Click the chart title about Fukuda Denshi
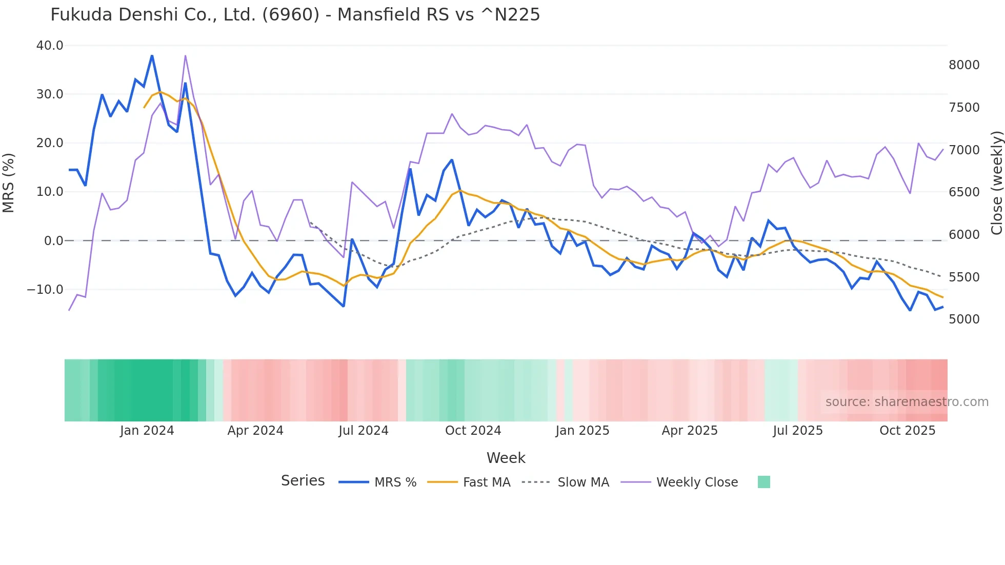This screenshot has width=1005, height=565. [x=295, y=15]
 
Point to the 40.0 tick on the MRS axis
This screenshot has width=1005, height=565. [x=50, y=46]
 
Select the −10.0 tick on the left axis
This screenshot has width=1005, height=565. [x=45, y=290]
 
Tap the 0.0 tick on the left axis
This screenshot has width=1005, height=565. [x=53, y=241]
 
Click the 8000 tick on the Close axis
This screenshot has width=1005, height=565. [x=964, y=65]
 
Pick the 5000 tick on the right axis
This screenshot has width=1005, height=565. [x=964, y=319]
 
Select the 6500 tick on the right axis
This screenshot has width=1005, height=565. [x=964, y=192]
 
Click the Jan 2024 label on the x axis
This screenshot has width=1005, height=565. [x=147, y=431]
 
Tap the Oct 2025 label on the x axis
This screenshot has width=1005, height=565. [x=907, y=431]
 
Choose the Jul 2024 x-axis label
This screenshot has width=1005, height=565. [x=363, y=431]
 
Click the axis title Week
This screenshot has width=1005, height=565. [x=506, y=458]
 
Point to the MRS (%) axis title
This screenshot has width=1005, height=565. [x=9, y=183]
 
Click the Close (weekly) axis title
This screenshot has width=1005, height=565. [x=996, y=183]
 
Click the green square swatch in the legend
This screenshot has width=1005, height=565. [x=763, y=482]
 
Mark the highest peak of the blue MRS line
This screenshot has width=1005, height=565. [x=152, y=55]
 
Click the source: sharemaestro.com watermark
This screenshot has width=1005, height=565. [x=907, y=402]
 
